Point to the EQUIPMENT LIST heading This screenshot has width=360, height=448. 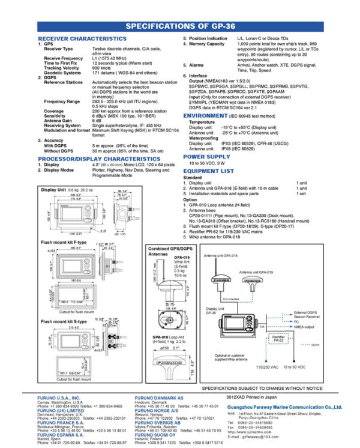(x=210, y=170)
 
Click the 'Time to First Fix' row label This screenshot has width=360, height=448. (x=63, y=62)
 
